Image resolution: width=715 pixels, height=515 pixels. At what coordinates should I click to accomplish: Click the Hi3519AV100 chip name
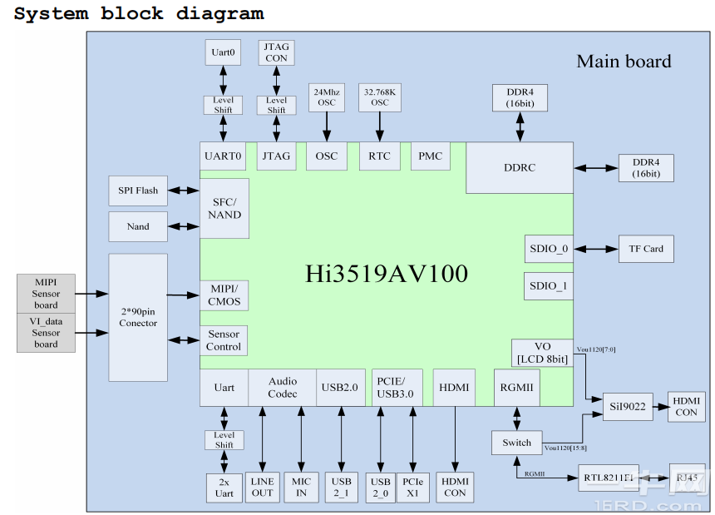[386, 274]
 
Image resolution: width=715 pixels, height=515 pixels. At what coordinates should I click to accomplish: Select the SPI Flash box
[138, 191]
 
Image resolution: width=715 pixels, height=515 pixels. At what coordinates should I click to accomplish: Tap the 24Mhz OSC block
[326, 97]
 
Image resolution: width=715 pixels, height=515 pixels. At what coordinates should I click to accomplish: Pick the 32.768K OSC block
[380, 97]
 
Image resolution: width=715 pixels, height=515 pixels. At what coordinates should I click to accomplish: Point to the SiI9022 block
[627, 405]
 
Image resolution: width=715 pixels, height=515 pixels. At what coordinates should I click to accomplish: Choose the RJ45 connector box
[687, 478]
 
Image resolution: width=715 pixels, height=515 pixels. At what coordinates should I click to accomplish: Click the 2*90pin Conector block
[138, 317]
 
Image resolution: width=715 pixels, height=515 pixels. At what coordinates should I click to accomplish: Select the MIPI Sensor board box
[46, 294]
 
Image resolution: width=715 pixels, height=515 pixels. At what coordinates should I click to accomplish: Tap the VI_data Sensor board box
[46, 332]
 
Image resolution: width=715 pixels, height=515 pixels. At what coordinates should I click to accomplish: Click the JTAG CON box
[276, 52]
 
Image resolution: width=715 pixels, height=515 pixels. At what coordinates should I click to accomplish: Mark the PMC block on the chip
[430, 156]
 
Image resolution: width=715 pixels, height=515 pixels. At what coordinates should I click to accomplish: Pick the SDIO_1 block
[548, 286]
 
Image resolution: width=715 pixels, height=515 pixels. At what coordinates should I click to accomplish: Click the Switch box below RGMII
[516, 443]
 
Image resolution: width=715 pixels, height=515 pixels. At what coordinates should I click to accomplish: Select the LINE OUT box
[262, 487]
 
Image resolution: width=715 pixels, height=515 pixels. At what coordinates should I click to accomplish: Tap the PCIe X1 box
[412, 487]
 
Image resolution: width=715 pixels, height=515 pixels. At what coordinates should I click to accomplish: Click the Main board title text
[624, 61]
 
